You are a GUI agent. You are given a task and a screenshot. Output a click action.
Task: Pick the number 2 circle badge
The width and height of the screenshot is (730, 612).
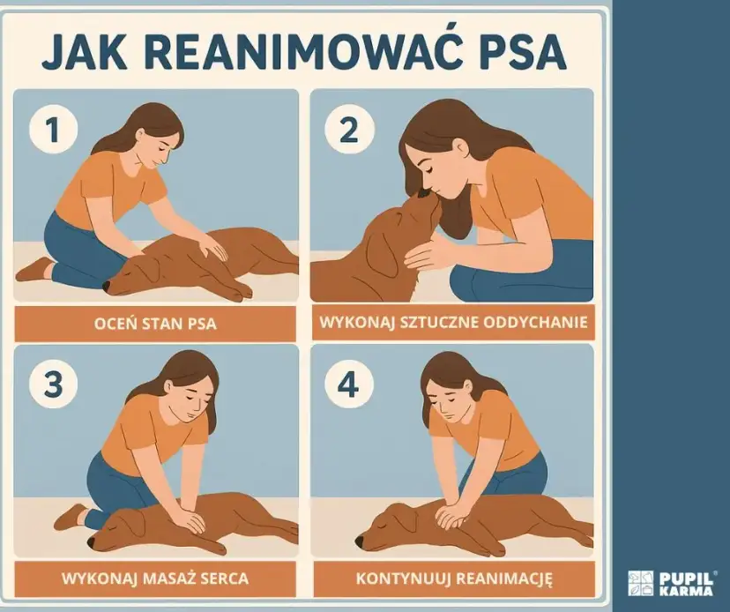(x=348, y=131)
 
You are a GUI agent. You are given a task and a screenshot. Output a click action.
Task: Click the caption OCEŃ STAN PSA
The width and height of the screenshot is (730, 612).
(x=155, y=324)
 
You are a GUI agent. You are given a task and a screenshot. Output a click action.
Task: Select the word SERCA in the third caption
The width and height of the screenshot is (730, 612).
(x=221, y=579)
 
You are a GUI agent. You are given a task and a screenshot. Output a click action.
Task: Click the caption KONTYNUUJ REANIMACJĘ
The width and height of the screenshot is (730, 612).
(x=453, y=579)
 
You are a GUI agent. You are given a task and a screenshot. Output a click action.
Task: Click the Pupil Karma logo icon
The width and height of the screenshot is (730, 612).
(x=640, y=583)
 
